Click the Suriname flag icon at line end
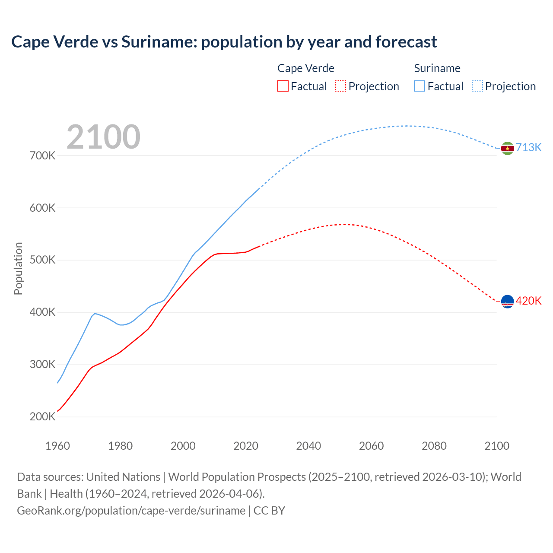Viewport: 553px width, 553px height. click(x=507, y=148)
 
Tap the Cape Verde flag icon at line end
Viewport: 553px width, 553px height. click(x=507, y=301)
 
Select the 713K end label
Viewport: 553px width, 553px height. click(x=528, y=148)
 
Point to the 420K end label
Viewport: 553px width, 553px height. click(x=528, y=301)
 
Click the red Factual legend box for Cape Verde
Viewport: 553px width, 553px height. click(x=283, y=86)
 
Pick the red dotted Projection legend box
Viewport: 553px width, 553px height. click(x=340, y=86)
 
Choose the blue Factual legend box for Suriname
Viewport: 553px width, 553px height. click(x=420, y=86)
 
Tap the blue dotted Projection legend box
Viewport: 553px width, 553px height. click(x=477, y=86)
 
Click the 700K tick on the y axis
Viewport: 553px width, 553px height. click(x=43, y=156)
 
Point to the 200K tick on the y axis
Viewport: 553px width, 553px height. click(x=43, y=417)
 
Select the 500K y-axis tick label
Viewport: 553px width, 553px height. click(x=43, y=260)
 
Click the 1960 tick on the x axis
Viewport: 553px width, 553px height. click(x=57, y=446)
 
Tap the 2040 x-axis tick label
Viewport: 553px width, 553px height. click(x=308, y=446)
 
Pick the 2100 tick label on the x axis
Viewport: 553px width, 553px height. click(x=497, y=446)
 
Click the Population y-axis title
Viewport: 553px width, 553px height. click(x=18, y=268)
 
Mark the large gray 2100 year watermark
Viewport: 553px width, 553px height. click(x=103, y=137)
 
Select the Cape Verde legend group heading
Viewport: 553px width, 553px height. click(x=306, y=68)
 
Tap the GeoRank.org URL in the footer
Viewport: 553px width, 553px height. click(x=131, y=511)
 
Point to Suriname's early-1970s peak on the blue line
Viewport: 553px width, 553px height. click(x=95, y=313)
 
